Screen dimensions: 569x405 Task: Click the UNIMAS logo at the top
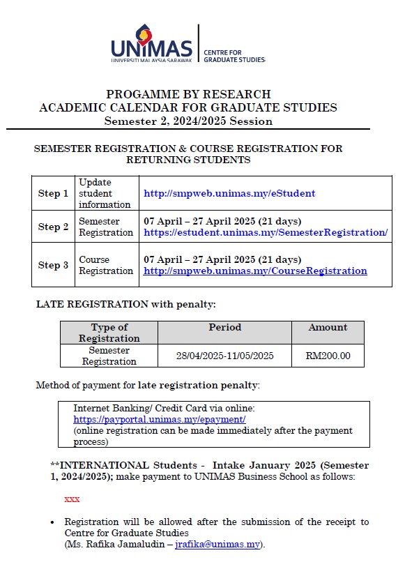point(151,44)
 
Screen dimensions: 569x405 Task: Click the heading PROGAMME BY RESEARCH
point(188,94)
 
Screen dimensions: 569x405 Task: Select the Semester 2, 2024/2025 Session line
point(188,121)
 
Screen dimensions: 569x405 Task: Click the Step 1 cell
point(53,193)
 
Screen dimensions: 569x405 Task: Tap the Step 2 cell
point(53,227)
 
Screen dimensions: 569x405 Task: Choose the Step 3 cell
point(53,265)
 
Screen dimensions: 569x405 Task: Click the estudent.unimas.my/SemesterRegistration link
point(265,232)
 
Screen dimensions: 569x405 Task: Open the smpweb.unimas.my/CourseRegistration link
point(255,271)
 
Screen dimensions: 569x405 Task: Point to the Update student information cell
point(105,193)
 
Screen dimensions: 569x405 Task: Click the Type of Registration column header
point(109,332)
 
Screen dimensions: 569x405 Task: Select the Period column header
point(224,327)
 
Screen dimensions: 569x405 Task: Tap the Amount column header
point(328,327)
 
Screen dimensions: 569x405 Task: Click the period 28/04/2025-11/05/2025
point(224,356)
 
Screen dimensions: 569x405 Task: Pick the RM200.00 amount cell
point(328,356)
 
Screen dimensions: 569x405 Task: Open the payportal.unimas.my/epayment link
point(160,420)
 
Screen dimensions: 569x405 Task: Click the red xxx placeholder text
point(72,499)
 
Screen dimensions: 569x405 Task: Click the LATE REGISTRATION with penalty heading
point(126,304)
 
